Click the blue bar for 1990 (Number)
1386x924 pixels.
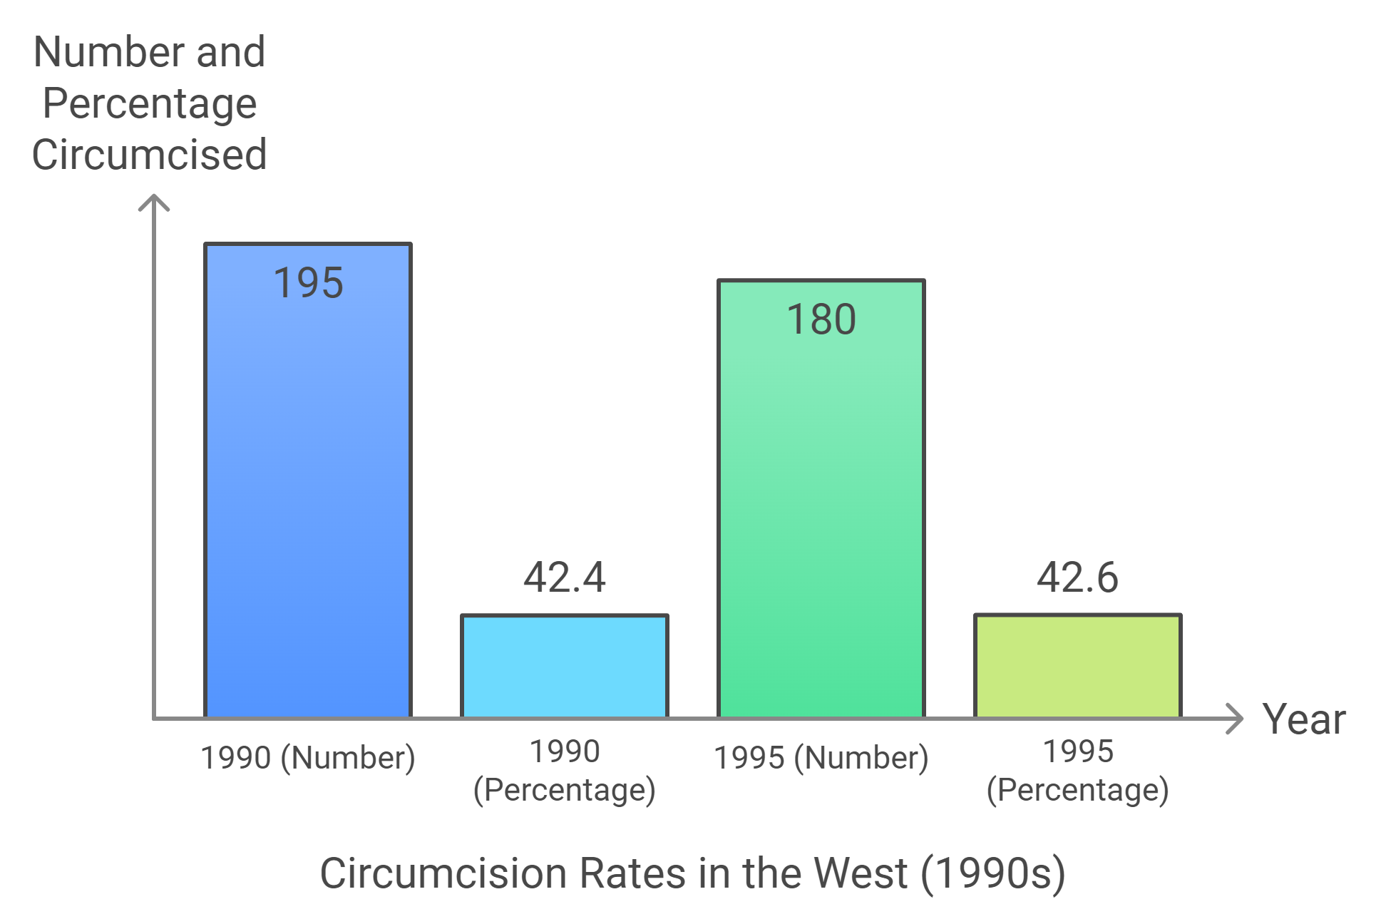click(308, 499)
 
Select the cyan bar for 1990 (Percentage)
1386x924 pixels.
click(565, 667)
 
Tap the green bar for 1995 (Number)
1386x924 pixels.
click(821, 513)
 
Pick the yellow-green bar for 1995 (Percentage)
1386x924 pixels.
click(1078, 667)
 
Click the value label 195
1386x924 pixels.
click(308, 283)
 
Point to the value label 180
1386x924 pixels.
click(821, 319)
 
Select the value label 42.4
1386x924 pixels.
click(565, 577)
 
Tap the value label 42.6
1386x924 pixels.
click(1078, 577)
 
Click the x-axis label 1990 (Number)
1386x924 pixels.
click(308, 758)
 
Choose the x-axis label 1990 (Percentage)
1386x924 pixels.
click(565, 771)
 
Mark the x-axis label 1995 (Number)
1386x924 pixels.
click(821, 758)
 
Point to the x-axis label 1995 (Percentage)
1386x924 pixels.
click(1078, 771)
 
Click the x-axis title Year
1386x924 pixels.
click(1304, 719)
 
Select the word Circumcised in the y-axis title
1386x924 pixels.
click(150, 155)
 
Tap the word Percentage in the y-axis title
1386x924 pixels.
click(150, 104)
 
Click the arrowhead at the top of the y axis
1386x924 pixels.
click(154, 202)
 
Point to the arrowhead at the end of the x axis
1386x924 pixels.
click(1236, 719)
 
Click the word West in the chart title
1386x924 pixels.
click(861, 873)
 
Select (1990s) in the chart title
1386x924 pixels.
click(993, 873)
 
